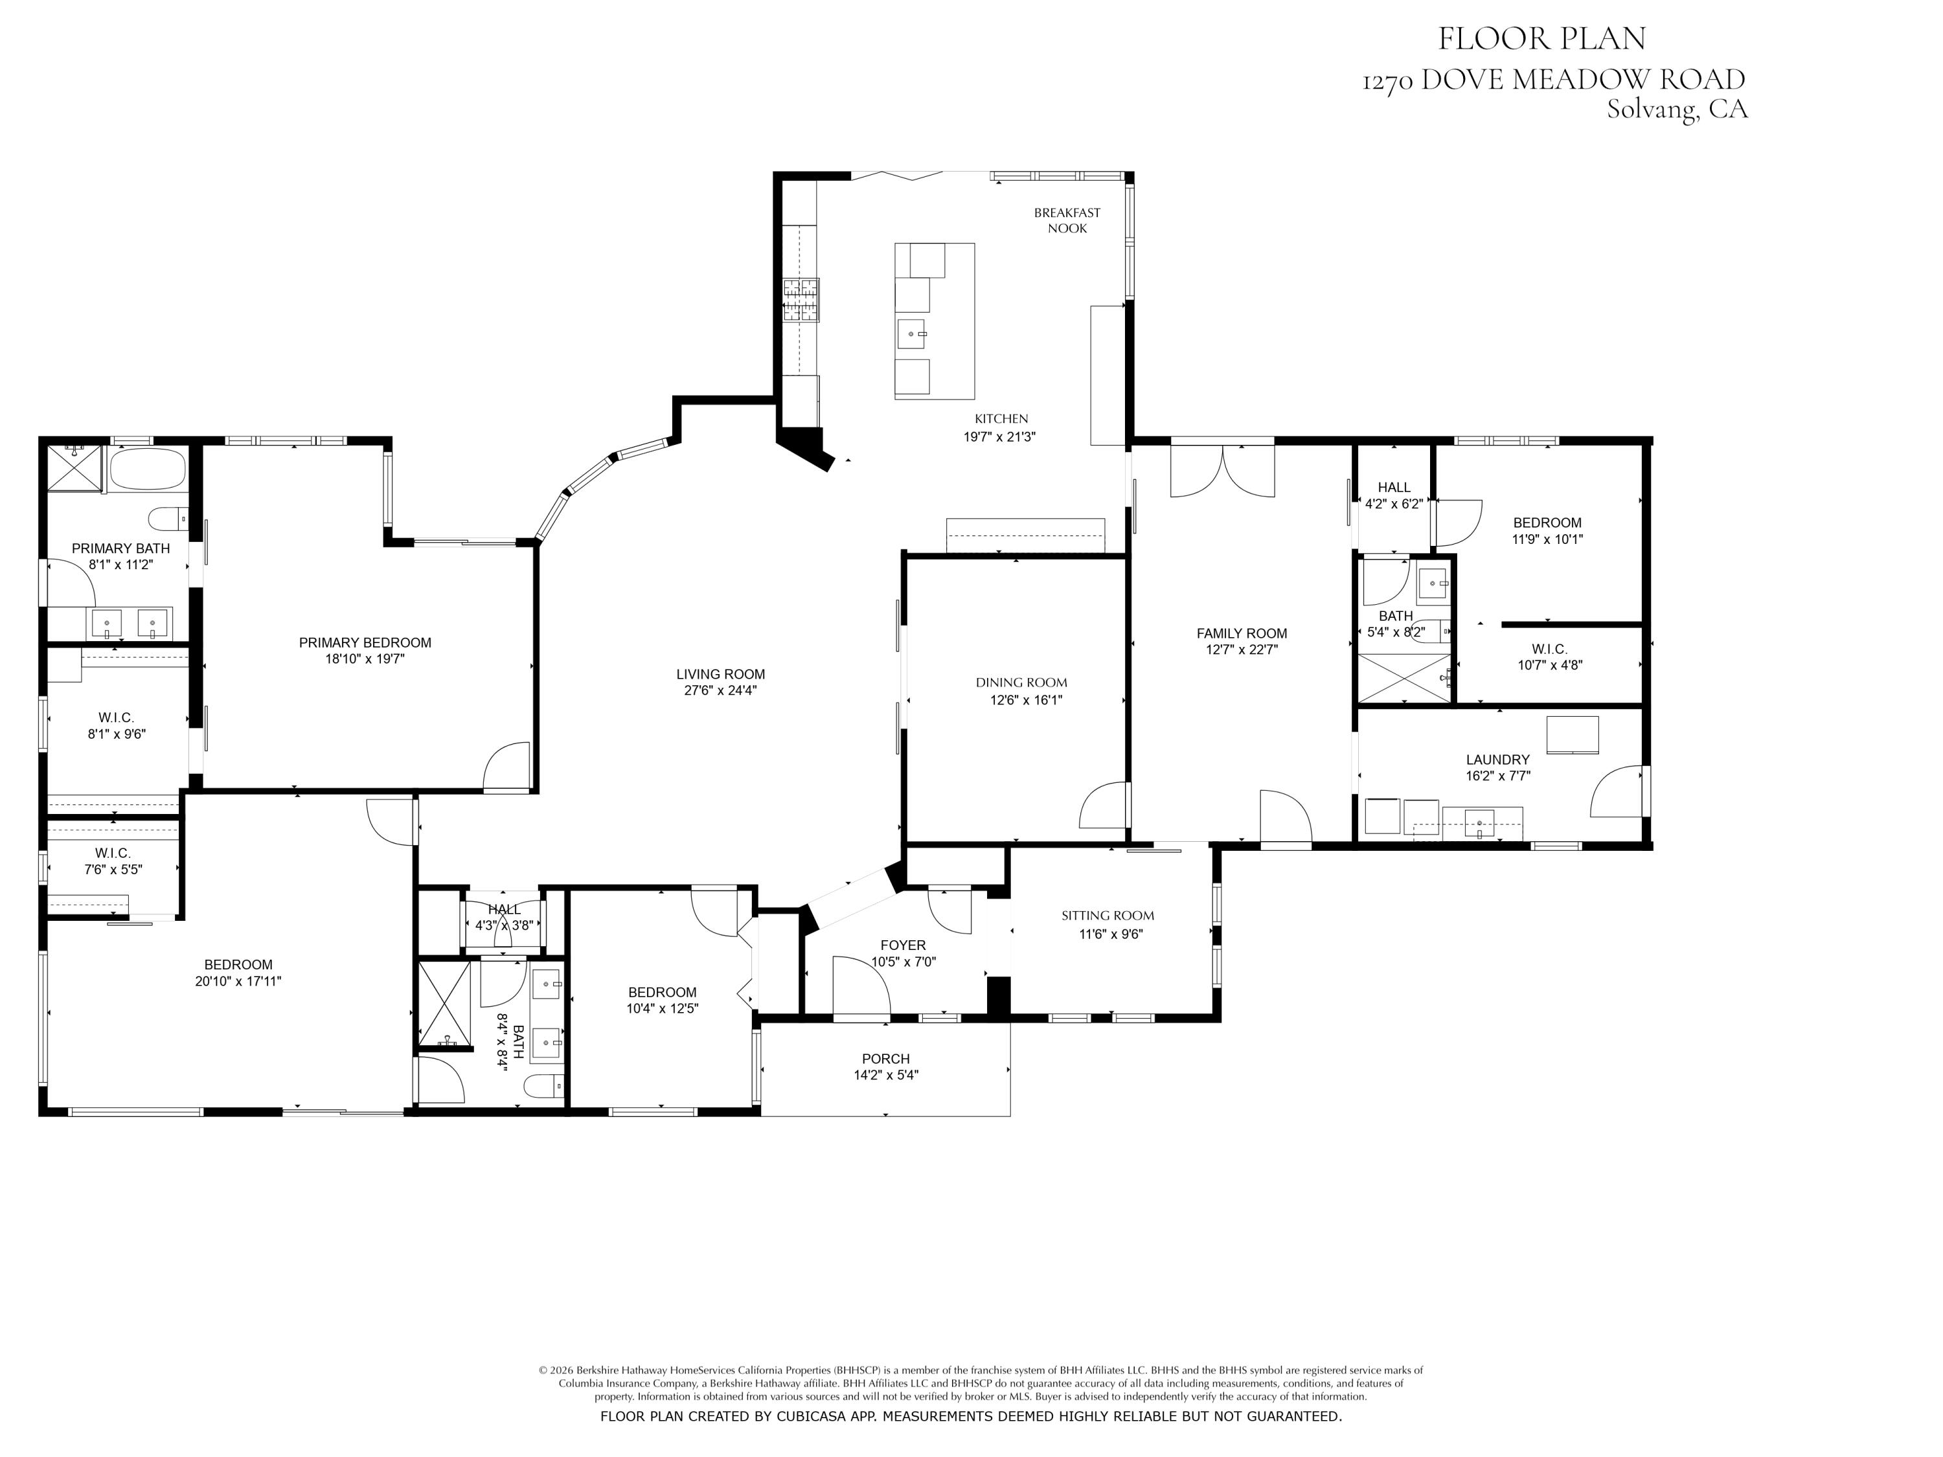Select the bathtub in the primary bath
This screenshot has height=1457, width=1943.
[148, 470]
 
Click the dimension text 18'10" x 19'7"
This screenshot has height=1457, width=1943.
[365, 659]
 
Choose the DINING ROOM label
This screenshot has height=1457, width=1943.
[1021, 683]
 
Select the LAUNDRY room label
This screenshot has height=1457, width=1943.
[1497, 760]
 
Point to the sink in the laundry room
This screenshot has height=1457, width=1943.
[1479, 824]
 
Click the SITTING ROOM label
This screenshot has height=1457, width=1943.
[1107, 915]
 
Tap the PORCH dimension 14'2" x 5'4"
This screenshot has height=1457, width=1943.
[885, 1075]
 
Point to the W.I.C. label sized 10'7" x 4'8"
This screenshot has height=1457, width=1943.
[1549, 649]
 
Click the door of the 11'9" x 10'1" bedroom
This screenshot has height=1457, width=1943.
[1458, 522]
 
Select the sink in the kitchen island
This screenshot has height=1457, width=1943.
[912, 333]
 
